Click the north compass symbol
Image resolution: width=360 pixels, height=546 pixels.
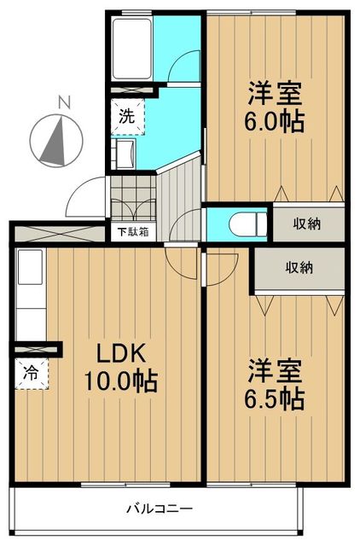54,136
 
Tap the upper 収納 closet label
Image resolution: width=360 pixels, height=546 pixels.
308,224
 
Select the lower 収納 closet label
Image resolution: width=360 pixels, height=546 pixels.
299,267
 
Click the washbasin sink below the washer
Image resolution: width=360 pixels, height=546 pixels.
125,154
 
